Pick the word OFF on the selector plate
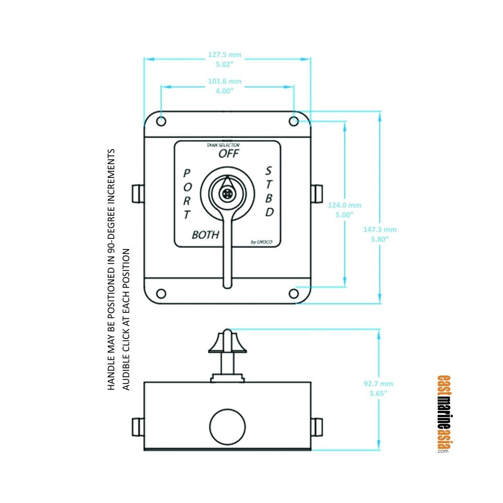(x=229, y=154)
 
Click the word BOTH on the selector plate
(x=206, y=234)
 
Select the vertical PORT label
(x=187, y=194)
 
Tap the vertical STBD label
(x=270, y=191)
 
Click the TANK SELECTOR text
(x=220, y=145)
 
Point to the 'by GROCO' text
(x=262, y=242)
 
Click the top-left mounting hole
(x=161, y=121)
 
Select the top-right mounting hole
(x=294, y=121)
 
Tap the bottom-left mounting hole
(x=161, y=294)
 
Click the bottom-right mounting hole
(x=294, y=294)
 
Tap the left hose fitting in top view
(x=136, y=193)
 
